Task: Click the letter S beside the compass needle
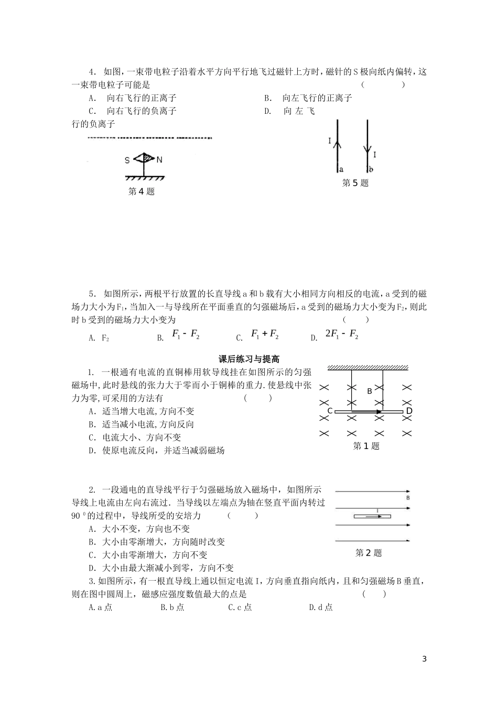point(127,160)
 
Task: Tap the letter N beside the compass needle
point(160,159)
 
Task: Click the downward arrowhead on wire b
point(367,149)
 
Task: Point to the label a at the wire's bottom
point(341,169)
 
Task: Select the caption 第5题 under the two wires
point(355,183)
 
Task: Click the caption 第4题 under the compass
point(142,191)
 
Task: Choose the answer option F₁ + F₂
point(265,334)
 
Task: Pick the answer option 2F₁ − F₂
point(342,334)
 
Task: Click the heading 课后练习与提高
point(249,359)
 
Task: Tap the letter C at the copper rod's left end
point(330,411)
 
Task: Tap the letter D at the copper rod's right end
point(409,411)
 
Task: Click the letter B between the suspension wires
point(369,391)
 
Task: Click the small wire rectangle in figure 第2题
point(372,517)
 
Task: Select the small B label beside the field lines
point(408,498)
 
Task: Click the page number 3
point(425,659)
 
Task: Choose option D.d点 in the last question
point(321,607)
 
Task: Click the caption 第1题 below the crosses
point(366,446)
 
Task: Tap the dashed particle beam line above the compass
point(149,138)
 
